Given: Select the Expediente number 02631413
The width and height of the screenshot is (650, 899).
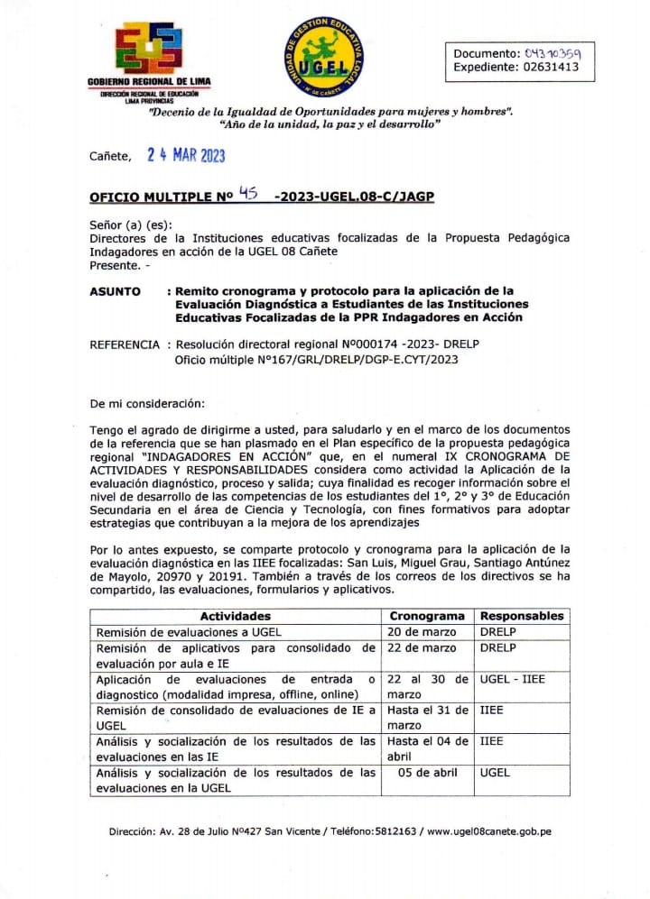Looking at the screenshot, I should pos(554,67).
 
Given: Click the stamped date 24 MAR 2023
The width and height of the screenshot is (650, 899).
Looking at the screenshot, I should pos(186,155).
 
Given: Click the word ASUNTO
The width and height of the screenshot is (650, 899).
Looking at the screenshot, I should pos(115,291).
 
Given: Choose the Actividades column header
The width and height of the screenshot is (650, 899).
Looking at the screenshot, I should pos(236,616).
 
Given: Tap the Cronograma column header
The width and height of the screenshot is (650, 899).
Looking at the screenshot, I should pos(427,616).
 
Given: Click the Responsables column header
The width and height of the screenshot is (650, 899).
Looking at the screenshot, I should pos(522,616).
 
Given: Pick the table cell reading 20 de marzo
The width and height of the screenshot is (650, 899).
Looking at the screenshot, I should pos(422,632).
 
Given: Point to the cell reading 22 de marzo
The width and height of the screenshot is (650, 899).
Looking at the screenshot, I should pos(422,648).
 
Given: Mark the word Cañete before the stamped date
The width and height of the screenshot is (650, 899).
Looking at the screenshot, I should pos(110,156).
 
